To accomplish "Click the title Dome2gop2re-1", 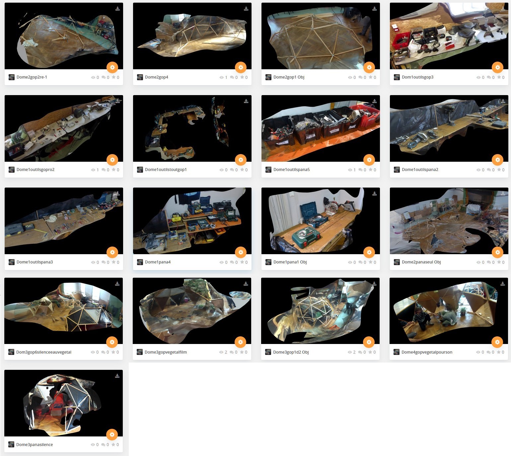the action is [32, 77].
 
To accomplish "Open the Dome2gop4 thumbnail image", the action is [192, 36].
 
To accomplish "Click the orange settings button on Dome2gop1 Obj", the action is [369, 67].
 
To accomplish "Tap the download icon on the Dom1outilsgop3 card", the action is [503, 9].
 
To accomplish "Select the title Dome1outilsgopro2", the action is [36, 170].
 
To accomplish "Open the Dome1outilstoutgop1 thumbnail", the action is [192, 128].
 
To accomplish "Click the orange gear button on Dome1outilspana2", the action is [497, 160].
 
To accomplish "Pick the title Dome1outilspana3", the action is [35, 262].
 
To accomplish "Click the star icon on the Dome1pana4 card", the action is [242, 262].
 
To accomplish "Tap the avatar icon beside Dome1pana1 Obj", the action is [268, 262].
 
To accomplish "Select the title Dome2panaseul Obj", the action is [421, 262].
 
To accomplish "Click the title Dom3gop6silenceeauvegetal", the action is [44, 352].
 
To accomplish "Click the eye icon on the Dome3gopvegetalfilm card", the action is [221, 352].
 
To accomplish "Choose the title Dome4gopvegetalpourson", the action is [427, 352].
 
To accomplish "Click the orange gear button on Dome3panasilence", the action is [112, 434].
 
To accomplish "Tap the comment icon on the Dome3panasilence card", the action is [103, 445].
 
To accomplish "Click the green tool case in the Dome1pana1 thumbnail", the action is [306, 236].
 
